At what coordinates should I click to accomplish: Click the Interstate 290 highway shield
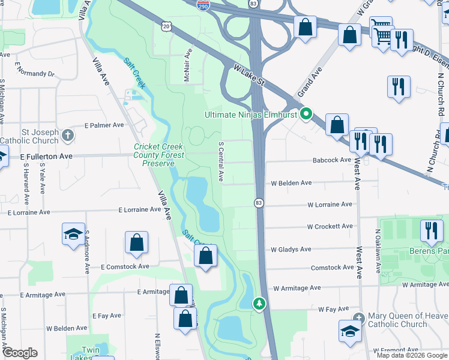(x=202, y=4)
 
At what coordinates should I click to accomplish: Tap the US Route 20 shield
(x=167, y=26)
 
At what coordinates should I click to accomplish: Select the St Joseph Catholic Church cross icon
(x=68, y=135)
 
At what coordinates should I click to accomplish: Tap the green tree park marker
(x=259, y=304)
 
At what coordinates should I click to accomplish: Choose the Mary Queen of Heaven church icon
(x=359, y=317)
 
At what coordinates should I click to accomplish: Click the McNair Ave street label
(x=187, y=65)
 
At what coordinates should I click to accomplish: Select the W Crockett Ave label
(x=330, y=227)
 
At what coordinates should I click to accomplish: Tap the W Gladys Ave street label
(x=291, y=249)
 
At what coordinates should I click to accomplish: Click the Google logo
(x=19, y=353)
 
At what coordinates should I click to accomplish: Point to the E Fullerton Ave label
(x=46, y=156)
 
